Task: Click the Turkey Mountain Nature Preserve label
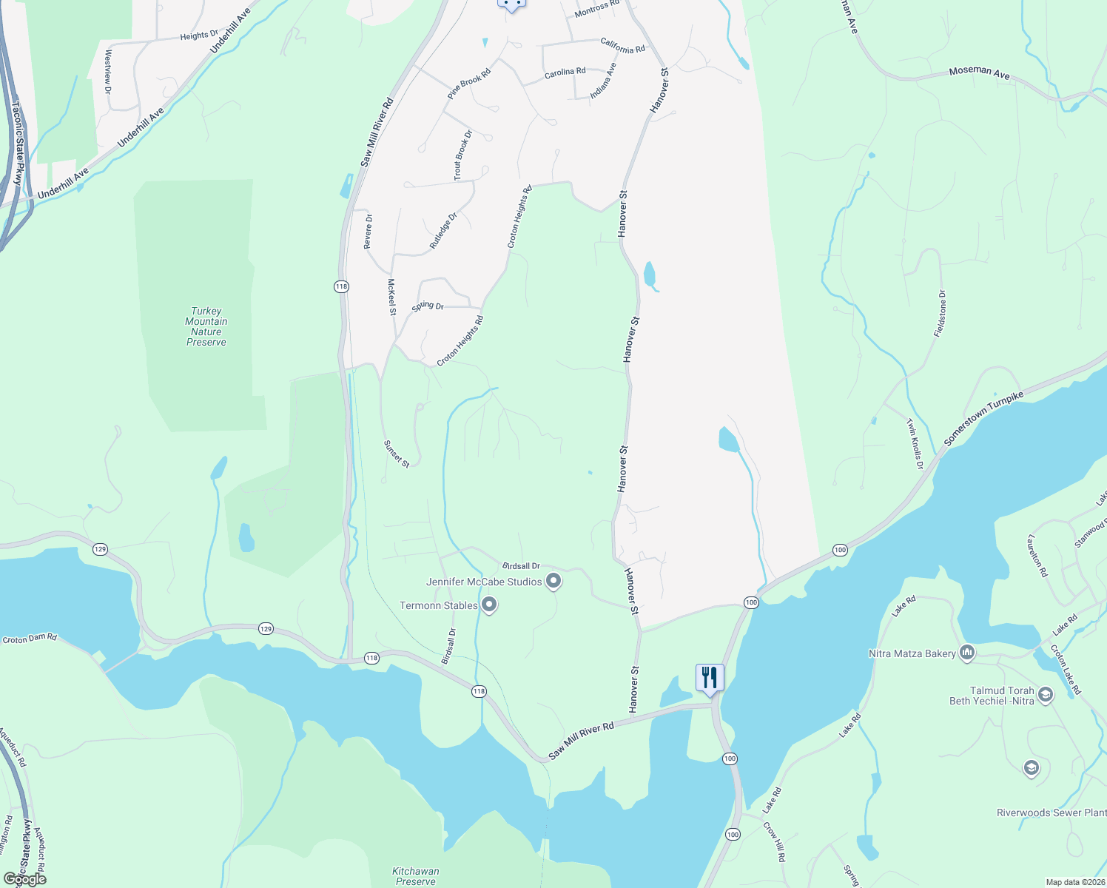(206, 326)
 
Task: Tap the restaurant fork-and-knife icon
(709, 677)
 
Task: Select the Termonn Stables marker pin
(489, 605)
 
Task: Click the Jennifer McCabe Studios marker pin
(553, 582)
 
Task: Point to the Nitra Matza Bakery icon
(966, 653)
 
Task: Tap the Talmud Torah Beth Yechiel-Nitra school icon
(1045, 695)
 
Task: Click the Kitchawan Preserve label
(415, 876)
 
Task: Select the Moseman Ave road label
(979, 72)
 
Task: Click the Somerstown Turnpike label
(983, 419)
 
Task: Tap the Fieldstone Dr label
(940, 314)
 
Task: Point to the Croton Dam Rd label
(30, 639)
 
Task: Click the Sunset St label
(397, 454)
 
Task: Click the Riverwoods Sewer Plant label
(1051, 813)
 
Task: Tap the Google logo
(25, 878)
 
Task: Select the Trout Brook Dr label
(462, 155)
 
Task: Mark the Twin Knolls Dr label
(915, 444)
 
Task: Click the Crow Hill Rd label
(775, 841)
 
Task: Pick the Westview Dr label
(108, 72)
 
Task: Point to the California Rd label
(622, 46)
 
